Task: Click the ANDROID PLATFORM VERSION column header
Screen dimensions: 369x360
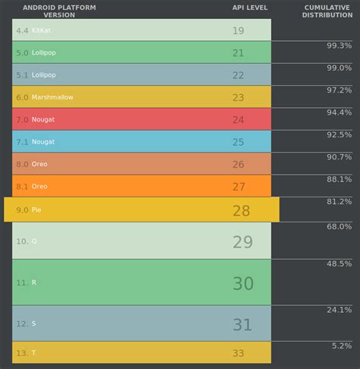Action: [x=59, y=11]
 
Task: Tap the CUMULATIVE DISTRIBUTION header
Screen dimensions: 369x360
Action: [x=327, y=11]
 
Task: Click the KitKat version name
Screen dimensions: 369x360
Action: [x=43, y=30]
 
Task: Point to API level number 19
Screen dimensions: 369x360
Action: [x=238, y=30]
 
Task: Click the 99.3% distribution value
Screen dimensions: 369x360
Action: [x=339, y=46]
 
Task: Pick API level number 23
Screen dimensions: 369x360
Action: [x=238, y=97]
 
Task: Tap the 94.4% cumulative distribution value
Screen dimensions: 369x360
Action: [x=339, y=112]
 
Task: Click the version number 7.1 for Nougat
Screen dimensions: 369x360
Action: [x=22, y=142]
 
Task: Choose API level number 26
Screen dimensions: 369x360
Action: [x=238, y=164]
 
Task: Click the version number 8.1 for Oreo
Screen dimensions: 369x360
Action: [x=22, y=186]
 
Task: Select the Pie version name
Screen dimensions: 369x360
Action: [x=36, y=210]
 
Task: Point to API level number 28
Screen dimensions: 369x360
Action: [x=241, y=210]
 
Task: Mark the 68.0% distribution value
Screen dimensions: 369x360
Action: [x=339, y=227]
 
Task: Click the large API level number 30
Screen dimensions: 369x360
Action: [x=243, y=283]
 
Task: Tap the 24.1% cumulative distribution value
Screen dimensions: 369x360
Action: [x=339, y=310]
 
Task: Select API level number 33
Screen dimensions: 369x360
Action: [x=238, y=353]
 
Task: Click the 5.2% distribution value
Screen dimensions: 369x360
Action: [x=342, y=345]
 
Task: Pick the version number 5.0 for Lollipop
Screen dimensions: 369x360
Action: [x=22, y=53]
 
